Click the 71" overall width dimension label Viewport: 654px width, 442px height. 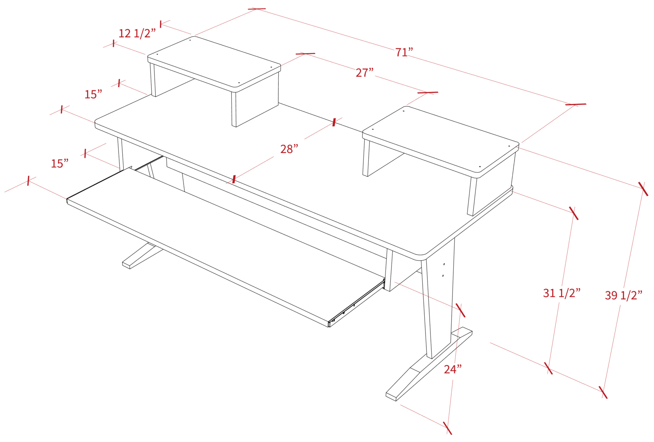coord(404,52)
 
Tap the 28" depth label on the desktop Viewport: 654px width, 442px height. coord(289,149)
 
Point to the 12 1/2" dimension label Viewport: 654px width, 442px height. coord(137,33)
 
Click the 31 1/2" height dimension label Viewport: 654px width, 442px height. coord(562,293)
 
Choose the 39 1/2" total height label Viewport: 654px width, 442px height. coord(624,295)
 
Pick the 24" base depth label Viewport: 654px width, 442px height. coord(453,369)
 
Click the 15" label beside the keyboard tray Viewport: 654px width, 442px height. coord(60,164)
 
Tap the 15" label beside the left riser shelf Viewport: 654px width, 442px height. coord(93,94)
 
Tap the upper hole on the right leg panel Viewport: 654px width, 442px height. coord(444,264)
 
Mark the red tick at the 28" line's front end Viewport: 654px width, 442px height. coord(233,179)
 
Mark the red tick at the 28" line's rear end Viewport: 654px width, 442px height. coord(334,122)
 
